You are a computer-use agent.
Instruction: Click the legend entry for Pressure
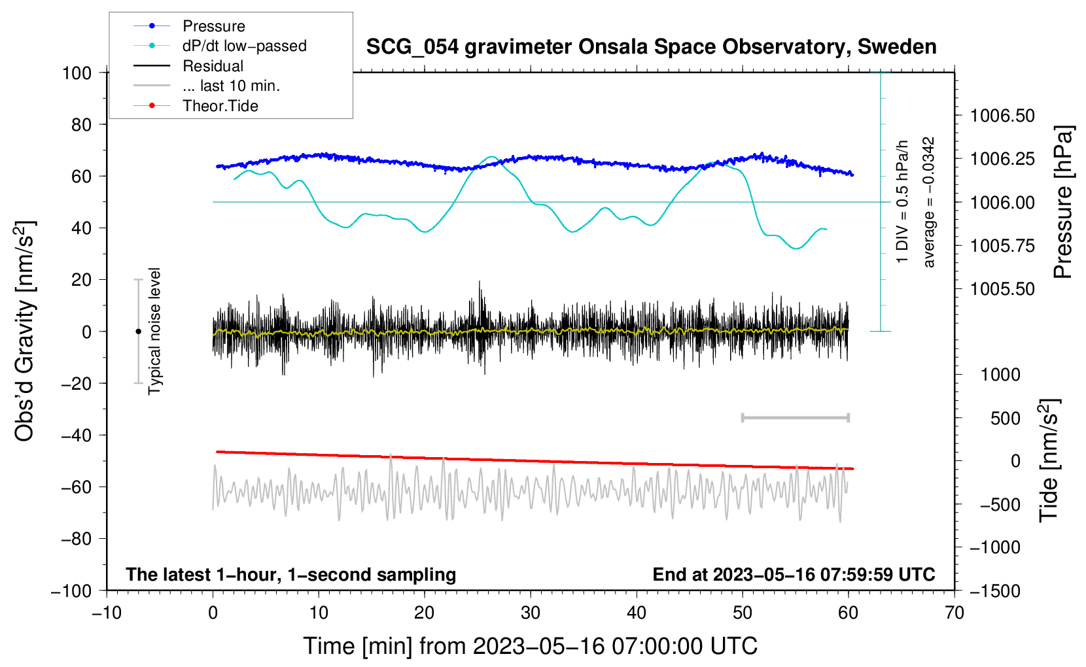point(213,26)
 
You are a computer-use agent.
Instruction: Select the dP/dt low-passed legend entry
point(244,46)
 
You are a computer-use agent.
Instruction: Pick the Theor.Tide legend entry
point(220,106)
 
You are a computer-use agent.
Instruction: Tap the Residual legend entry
point(213,66)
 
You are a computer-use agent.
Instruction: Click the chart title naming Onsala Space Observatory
point(651,47)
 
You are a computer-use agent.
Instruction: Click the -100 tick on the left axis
point(72,590)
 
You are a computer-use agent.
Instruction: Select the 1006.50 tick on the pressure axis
point(1002,116)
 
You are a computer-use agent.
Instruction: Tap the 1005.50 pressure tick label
point(1002,288)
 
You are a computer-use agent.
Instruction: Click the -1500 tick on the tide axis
point(995,590)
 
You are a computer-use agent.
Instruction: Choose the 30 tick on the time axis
point(531,613)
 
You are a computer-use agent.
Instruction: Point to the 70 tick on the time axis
point(955,613)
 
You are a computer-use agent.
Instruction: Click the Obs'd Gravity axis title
point(25,331)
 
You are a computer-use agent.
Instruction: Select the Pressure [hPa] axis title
point(1064,202)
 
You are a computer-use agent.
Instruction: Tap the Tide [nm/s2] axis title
point(1049,460)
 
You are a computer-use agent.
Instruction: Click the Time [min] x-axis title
point(531,646)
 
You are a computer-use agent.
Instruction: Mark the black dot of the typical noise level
point(138,332)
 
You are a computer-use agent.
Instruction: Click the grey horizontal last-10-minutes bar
point(795,418)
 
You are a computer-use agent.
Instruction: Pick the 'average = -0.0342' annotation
point(929,202)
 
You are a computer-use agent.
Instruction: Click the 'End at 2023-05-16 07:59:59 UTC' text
point(794,574)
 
